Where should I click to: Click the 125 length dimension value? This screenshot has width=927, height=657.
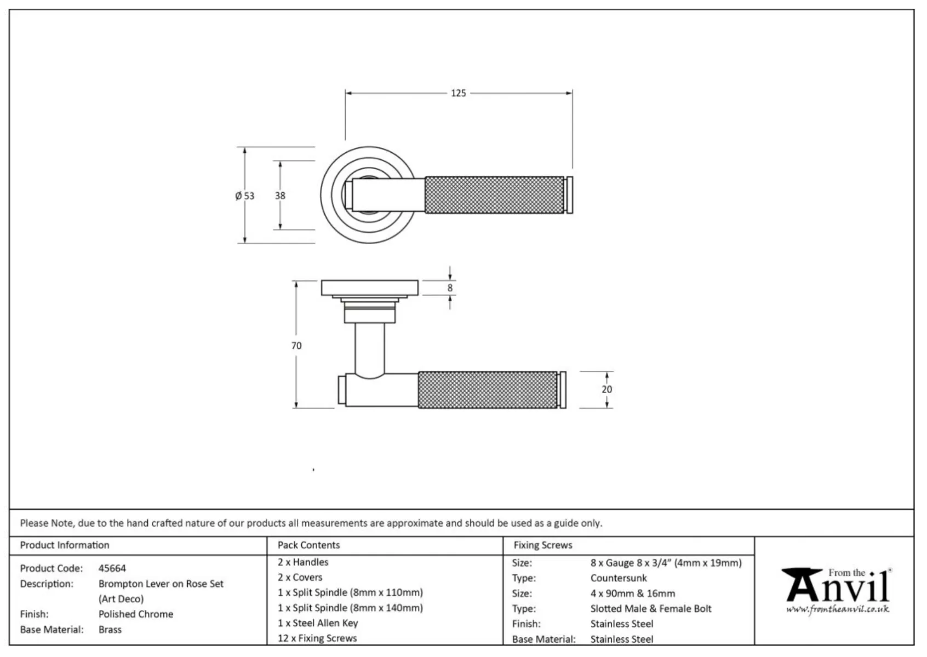tap(458, 93)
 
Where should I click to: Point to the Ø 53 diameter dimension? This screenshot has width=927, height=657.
tap(244, 195)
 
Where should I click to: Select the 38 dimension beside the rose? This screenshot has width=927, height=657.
tap(280, 195)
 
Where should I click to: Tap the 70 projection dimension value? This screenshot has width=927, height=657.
tap(296, 345)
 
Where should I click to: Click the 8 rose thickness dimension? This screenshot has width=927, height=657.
tap(450, 288)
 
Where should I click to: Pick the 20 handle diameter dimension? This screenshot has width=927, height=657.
tap(606, 389)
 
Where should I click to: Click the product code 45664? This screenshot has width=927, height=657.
tap(112, 568)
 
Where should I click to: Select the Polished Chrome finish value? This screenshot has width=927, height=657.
tap(136, 614)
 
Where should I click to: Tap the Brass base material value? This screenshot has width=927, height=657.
tap(110, 629)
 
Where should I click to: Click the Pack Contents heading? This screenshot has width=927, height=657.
tap(308, 545)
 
